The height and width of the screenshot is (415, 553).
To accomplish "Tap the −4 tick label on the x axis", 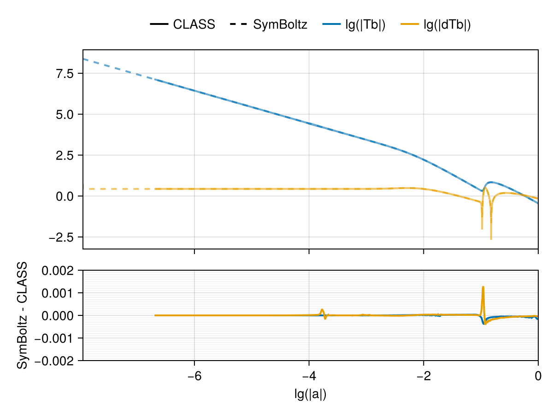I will click(x=309, y=375).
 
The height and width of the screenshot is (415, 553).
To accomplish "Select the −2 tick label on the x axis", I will click(x=424, y=375).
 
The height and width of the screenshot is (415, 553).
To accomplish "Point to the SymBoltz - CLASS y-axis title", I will click(x=22, y=315).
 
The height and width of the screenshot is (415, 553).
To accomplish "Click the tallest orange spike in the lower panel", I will click(x=483, y=287).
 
